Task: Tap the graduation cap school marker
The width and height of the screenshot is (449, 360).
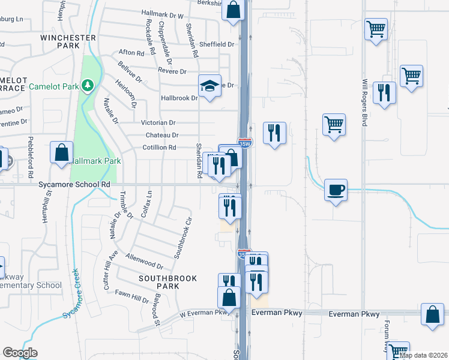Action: [210, 85]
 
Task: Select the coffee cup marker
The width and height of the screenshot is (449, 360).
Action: [336, 190]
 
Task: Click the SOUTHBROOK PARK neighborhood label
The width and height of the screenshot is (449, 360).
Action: [159, 282]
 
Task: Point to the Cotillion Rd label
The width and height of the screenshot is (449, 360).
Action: [159, 147]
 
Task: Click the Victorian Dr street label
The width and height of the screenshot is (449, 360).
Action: [158, 122]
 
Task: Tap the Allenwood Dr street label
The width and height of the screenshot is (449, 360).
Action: [145, 261]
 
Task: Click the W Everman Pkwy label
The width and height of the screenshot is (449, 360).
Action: [204, 312]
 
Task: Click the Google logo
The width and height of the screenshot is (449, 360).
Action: [20, 353]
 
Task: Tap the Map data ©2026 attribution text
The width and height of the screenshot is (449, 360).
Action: [423, 355]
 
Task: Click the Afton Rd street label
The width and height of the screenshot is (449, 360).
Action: [132, 53]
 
